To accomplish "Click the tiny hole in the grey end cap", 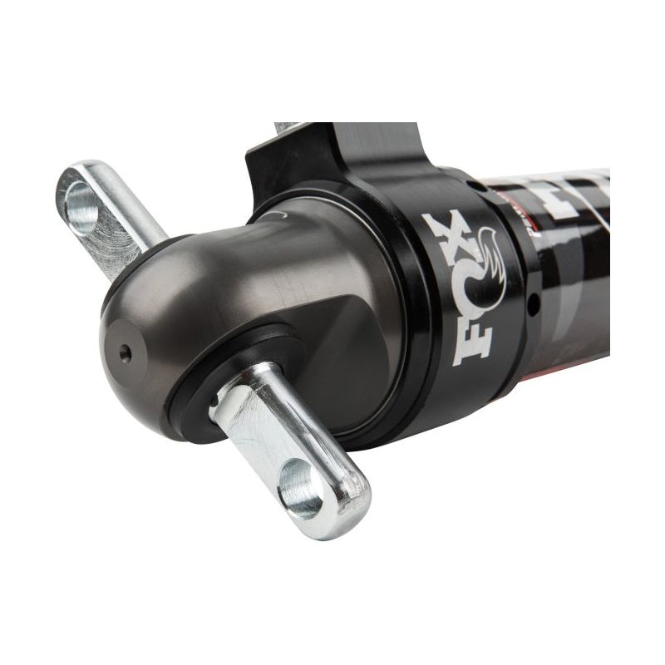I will click(x=125, y=352).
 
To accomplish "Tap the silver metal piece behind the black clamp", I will click(x=287, y=128).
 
